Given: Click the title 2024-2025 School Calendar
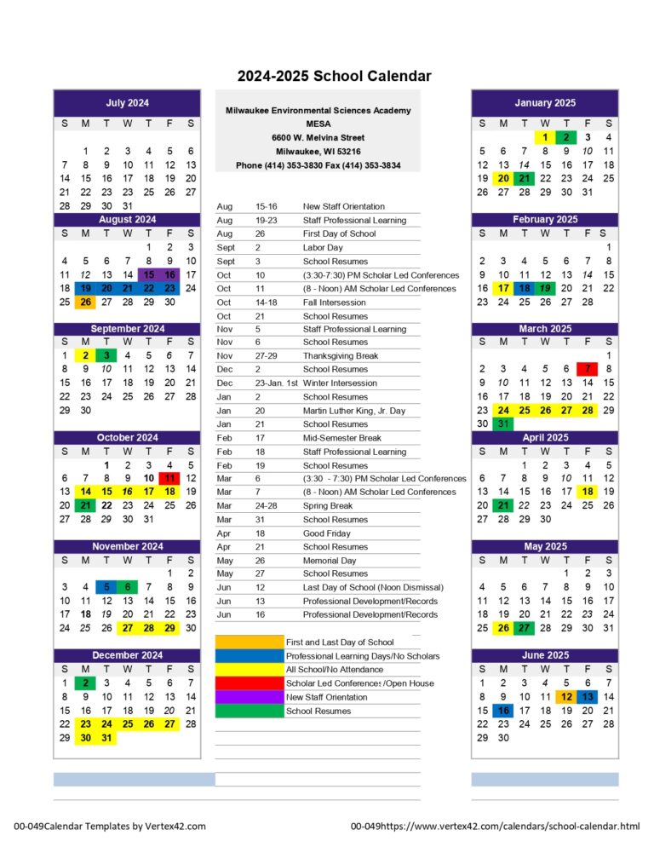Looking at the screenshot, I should tap(334, 77).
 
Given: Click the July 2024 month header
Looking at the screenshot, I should tap(127, 103).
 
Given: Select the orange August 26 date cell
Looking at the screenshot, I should tap(85, 302).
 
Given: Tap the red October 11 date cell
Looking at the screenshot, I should tap(169, 478).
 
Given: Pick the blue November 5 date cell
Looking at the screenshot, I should tap(106, 587).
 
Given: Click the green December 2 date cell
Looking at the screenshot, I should tap(85, 683).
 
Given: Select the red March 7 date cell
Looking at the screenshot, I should tap(588, 369).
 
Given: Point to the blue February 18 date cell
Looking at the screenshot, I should tap(524, 288).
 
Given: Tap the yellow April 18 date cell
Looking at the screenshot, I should tap(588, 492).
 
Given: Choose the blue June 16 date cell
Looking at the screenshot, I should tap(503, 710).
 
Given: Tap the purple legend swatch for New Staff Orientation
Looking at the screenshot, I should tap(249, 697).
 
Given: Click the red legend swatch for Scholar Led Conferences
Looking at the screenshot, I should tap(249, 683).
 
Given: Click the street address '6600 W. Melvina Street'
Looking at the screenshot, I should tap(318, 137).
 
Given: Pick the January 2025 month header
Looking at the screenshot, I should tap(545, 103).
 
